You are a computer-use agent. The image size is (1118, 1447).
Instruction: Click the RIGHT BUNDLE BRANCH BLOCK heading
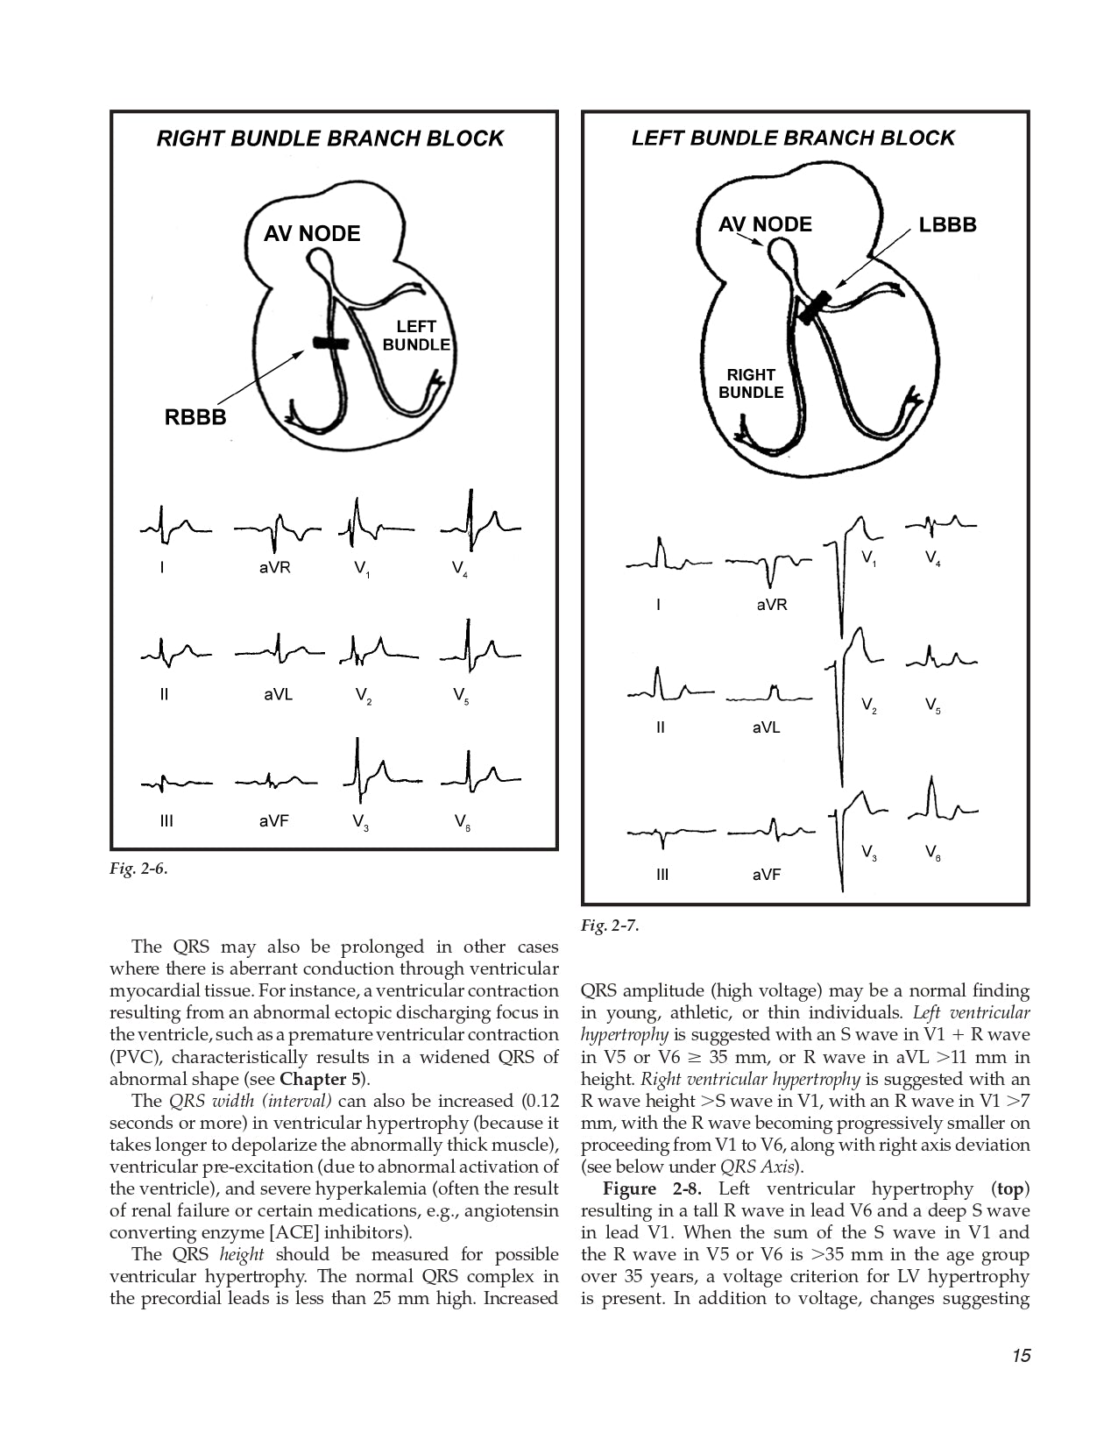pos(329,138)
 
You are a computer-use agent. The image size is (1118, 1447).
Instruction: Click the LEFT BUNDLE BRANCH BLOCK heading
pos(793,138)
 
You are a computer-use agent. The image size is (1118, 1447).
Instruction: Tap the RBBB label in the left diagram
pos(195,417)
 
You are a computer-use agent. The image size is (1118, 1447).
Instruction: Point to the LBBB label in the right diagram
pos(947,225)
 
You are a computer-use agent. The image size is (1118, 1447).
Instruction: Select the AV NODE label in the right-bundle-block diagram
pos(312,234)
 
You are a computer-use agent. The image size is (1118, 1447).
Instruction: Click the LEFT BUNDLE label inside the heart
pos(416,336)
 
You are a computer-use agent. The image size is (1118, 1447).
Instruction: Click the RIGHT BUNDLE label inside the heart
pos(751,384)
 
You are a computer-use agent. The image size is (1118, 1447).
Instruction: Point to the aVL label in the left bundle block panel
pos(766,727)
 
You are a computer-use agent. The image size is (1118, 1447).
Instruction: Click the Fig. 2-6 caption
pos(138,869)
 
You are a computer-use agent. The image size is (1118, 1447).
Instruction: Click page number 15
pos(1020,1356)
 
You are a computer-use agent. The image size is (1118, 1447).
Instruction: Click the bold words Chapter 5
pos(321,1079)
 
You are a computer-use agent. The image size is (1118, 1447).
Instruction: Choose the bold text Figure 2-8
pos(648,1189)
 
